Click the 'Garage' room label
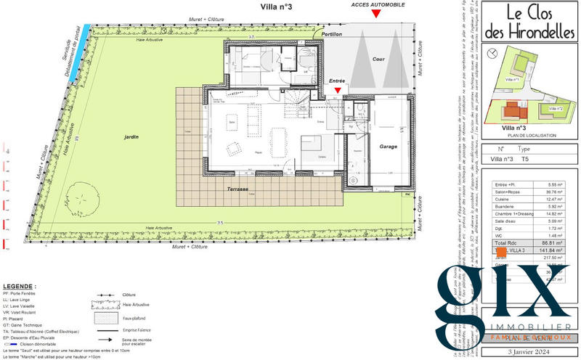coord(389,146)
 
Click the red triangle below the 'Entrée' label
coord(337,91)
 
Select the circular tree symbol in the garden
coord(85,195)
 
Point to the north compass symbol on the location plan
coord(494,52)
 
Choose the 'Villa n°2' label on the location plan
coord(557,108)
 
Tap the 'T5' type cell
coord(525,159)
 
